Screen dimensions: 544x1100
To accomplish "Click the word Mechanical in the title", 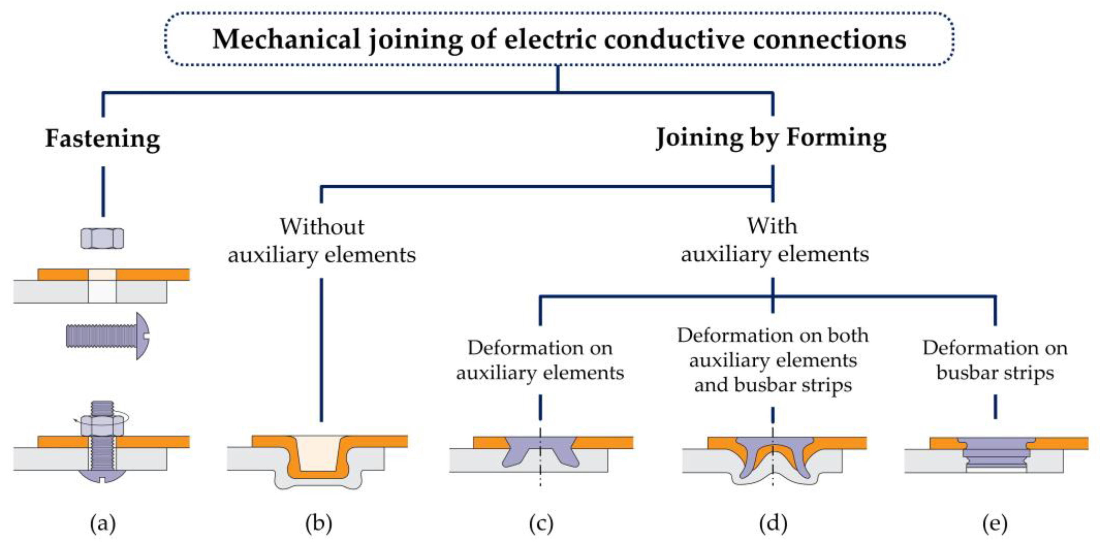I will tap(286, 39).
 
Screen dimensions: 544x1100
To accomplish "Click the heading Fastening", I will tap(103, 139).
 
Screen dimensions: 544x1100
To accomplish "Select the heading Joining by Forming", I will tap(771, 138).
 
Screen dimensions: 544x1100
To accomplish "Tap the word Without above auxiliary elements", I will tap(322, 226).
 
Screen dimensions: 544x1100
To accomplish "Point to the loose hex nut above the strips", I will tap(103, 238).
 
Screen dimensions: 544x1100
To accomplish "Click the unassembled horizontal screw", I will tap(107, 336).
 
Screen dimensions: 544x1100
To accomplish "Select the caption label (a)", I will tap(103, 523).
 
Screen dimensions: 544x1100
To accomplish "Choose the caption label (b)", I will tap(319, 523).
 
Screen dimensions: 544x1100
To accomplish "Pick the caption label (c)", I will tap(541, 523).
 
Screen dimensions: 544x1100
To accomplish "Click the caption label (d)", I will tap(773, 523).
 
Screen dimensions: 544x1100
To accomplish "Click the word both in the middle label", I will tap(848, 335).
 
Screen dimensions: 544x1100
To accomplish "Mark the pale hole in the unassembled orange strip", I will tap(103, 274).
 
